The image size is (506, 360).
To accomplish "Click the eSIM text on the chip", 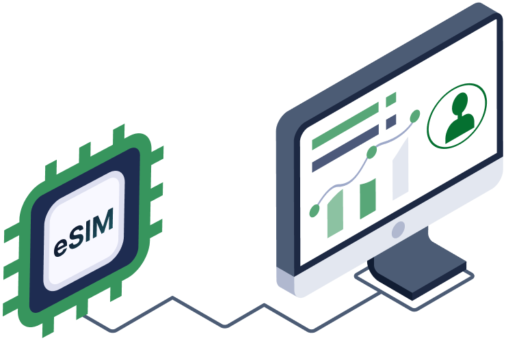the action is (x=83, y=233).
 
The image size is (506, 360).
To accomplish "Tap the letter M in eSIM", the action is (x=104, y=221).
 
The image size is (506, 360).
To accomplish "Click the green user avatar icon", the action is (x=457, y=116).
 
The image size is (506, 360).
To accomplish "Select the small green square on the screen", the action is (x=391, y=100).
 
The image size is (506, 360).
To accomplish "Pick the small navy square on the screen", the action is (x=391, y=122).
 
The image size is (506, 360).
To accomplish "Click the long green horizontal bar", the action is (x=345, y=126).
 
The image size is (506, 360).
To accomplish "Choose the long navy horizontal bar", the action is (x=345, y=148).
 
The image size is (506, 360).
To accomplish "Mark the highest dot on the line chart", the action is (x=415, y=116).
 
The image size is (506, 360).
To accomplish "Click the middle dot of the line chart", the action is (x=372, y=152).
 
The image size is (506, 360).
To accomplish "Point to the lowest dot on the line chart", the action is (x=315, y=211).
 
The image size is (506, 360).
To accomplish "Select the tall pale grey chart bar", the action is (x=401, y=169).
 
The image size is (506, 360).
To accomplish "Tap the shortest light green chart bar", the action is (x=335, y=214).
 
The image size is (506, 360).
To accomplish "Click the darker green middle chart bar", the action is (x=368, y=199).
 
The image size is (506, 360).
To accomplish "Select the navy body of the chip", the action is (x=85, y=230).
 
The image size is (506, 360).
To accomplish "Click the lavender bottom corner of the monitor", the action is (x=286, y=281).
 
